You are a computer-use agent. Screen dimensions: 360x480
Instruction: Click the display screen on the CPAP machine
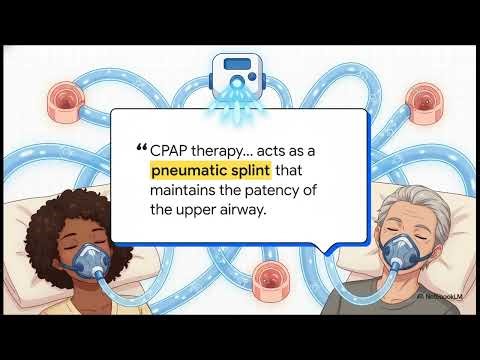tap(240, 66)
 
